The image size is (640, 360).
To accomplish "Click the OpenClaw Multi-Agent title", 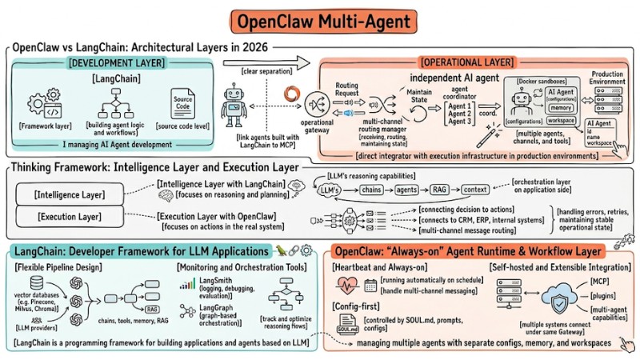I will [319, 20].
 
